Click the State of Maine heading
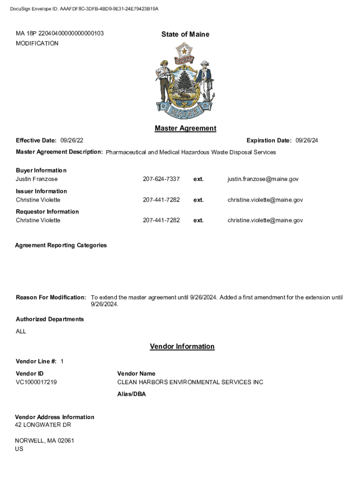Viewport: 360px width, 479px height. click(185, 34)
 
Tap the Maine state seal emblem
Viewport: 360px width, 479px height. click(185, 81)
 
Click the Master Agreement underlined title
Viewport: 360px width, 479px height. click(185, 128)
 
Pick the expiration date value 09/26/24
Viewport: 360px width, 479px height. click(307, 141)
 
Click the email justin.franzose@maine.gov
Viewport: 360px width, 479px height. click(263, 179)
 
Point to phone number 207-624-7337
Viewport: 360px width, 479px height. click(161, 179)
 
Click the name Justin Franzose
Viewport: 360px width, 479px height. click(37, 179)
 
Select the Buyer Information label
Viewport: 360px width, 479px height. click(41, 170)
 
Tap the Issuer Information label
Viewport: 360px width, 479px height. click(41, 191)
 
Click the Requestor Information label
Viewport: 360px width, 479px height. click(47, 211)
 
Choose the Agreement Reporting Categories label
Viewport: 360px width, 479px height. click(61, 245)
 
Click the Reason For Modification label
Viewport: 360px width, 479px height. click(51, 298)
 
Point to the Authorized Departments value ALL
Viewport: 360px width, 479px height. click(21, 332)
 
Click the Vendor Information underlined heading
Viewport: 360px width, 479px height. click(182, 347)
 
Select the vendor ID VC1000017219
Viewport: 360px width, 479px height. click(36, 382)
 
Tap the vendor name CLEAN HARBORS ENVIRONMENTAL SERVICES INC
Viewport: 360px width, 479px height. click(190, 382)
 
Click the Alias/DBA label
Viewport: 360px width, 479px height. click(131, 394)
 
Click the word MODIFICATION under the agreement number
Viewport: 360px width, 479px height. click(37, 44)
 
